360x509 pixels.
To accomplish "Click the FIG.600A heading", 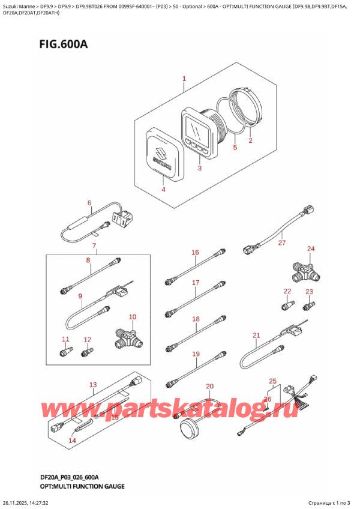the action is (64, 44).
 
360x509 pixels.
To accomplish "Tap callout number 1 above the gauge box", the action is (184, 79).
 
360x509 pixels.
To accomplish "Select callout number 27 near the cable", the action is (282, 242).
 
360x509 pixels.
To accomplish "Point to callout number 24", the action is (311, 248).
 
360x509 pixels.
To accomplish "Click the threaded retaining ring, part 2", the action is (248, 106).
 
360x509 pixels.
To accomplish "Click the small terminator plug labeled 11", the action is (67, 351).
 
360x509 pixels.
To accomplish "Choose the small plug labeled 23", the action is (309, 306).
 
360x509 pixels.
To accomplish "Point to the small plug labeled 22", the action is (288, 305).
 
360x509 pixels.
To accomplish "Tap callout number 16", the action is (195, 252).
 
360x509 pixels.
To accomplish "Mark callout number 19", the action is (196, 354).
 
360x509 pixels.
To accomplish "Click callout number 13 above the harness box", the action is (93, 385).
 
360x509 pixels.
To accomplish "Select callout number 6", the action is (89, 203).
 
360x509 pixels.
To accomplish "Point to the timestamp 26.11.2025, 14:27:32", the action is (25, 503).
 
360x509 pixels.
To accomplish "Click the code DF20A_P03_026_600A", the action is (70, 477).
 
